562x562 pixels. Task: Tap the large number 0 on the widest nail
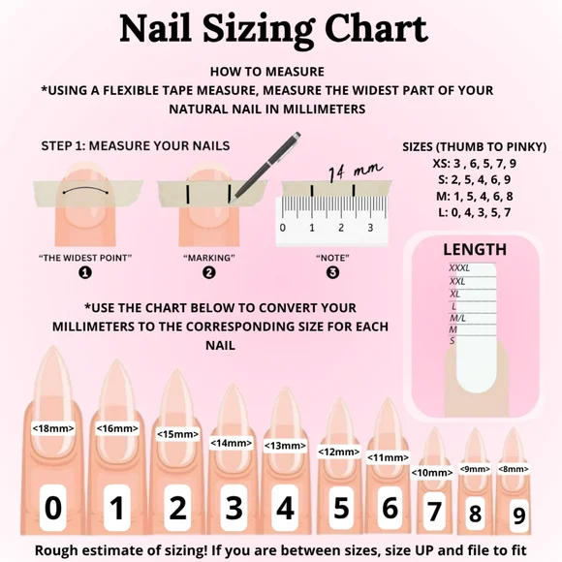[54, 508]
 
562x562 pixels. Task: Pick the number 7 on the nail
[434, 510]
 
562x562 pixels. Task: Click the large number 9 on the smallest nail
[520, 515]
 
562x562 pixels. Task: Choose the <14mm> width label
[232, 443]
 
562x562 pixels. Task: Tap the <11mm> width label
[388, 457]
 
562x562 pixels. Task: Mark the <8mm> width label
[514, 468]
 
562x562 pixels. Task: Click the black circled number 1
[85, 272]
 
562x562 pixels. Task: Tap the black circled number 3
[332, 272]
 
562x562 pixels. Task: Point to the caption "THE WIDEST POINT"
[85, 258]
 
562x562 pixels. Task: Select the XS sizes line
[475, 163]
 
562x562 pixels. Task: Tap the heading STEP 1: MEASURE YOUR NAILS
[136, 146]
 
